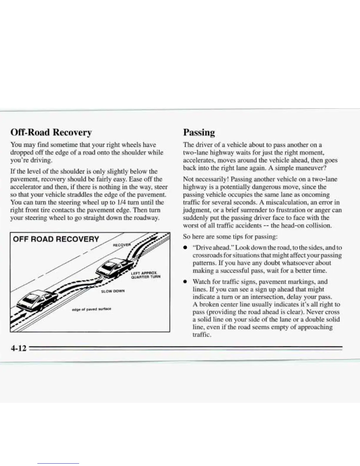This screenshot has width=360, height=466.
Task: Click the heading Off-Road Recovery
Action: click(x=51, y=132)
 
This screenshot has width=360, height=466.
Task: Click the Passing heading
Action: click(x=199, y=132)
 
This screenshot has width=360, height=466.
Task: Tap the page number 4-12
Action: click(x=18, y=349)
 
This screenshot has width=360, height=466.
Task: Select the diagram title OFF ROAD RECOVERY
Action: click(x=56, y=239)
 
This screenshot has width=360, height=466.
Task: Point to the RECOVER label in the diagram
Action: click(x=121, y=245)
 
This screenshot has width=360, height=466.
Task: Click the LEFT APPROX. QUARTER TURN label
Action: click(x=146, y=274)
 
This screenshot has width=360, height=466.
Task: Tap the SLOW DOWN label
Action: click(x=113, y=291)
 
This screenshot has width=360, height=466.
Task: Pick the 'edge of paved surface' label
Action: click(x=91, y=309)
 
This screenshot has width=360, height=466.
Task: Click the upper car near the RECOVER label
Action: click(x=113, y=267)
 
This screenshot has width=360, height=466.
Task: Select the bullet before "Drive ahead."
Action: click(x=185, y=248)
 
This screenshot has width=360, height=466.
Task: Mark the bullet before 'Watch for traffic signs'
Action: click(x=185, y=282)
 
